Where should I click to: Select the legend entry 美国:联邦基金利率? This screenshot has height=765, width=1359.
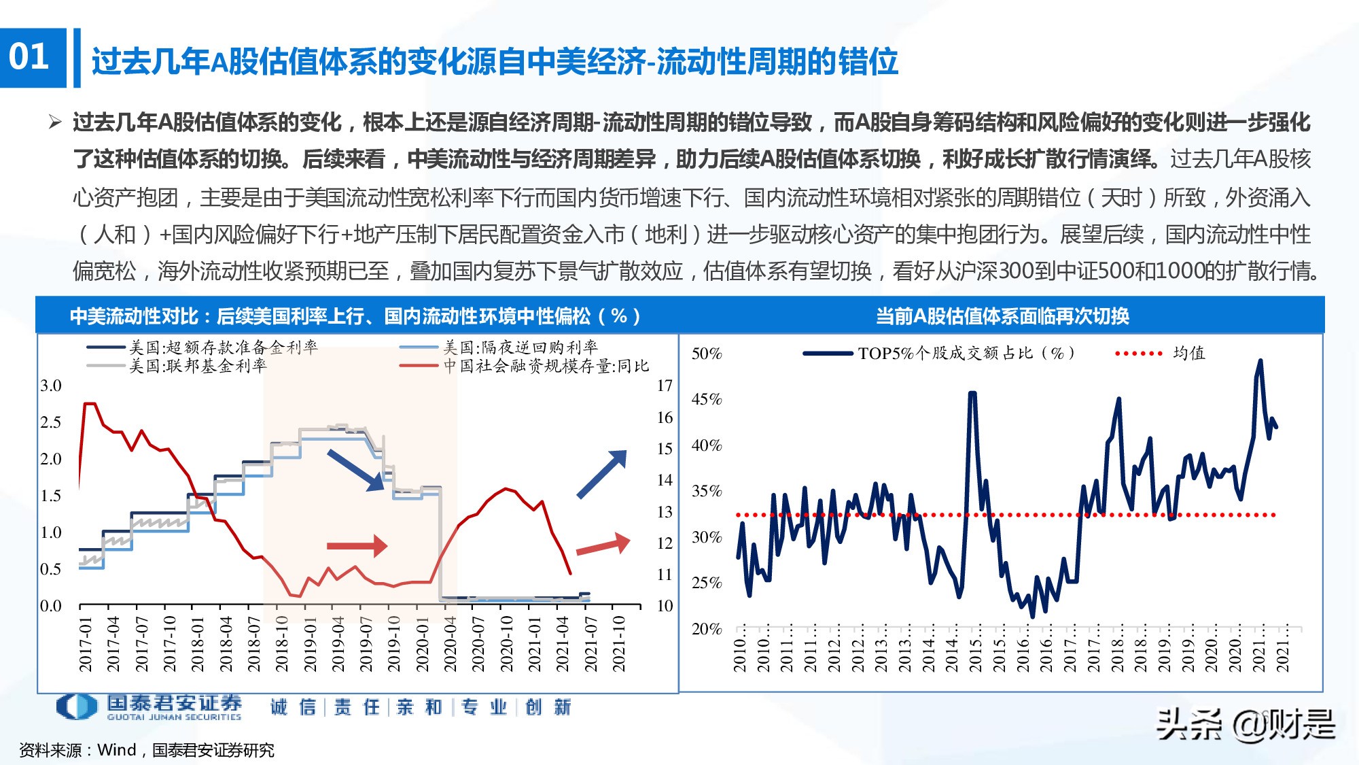198,367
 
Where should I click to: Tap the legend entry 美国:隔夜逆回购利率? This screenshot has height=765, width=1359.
520,347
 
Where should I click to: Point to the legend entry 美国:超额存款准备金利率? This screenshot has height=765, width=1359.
223,347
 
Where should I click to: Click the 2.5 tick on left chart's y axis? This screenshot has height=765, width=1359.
51,422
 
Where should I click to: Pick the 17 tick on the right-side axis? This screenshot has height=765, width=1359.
665,386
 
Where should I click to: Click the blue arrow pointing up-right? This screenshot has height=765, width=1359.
601,474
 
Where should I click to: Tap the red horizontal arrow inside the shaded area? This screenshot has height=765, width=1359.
357,545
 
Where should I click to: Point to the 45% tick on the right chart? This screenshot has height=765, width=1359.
707,399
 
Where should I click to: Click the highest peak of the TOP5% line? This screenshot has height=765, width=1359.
1260,361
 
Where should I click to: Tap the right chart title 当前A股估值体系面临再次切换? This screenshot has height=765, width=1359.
1002,316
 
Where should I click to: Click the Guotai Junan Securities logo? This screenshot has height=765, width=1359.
149,707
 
